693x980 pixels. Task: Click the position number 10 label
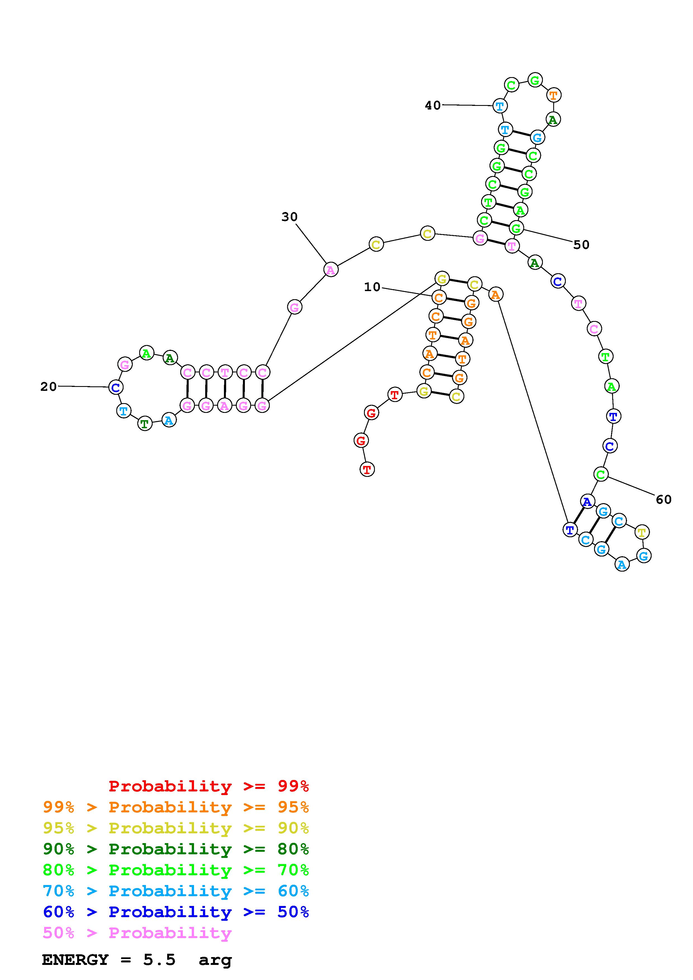372,287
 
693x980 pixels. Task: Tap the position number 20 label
48,387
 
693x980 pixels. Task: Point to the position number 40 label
432,105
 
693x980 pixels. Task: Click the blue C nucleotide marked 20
115,387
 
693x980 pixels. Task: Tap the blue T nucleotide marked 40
500,105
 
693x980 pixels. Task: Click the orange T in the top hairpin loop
554,95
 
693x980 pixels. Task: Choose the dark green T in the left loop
145,424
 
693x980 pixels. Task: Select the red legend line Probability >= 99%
209,786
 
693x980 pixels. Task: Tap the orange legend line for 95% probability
176,807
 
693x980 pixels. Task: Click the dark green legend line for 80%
176,849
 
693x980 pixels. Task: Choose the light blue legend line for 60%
176,891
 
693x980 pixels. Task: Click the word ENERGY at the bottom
75,960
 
